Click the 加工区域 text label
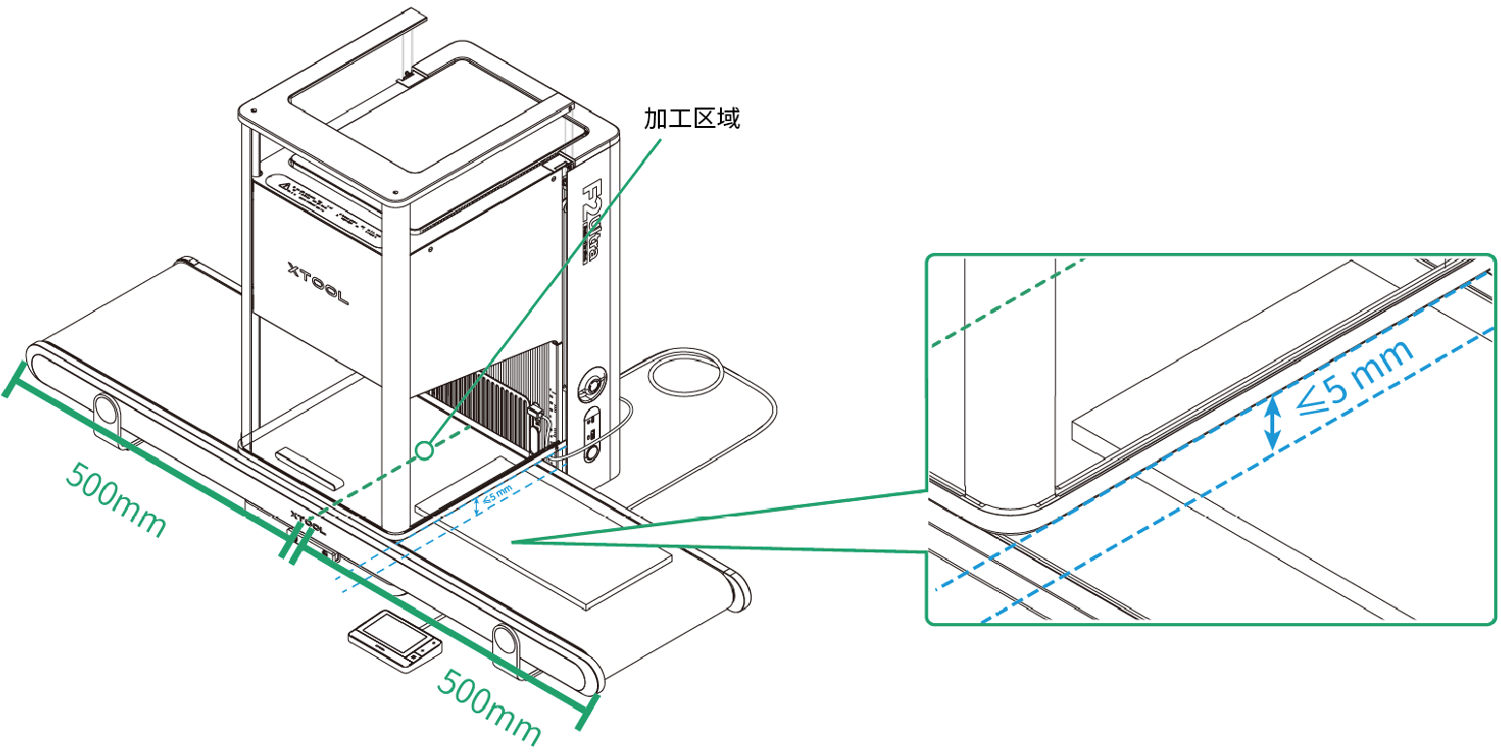tap(692, 119)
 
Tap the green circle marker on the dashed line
tap(423, 451)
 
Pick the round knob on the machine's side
tap(591, 385)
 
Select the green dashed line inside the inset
tap(1008, 306)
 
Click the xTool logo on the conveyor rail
tap(307, 523)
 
